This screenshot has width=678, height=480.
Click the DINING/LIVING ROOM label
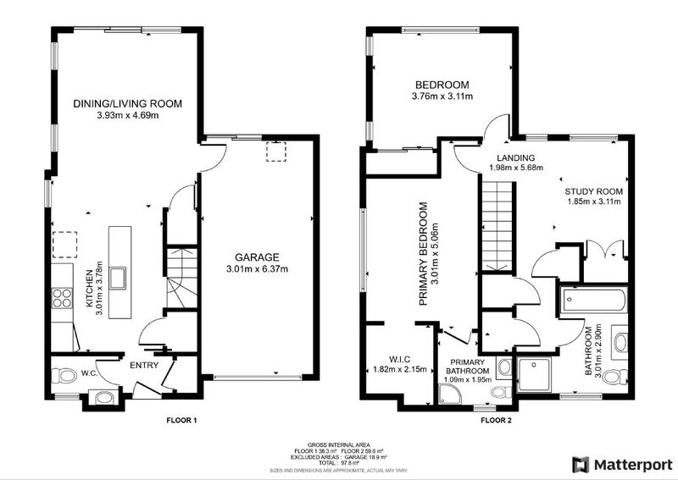pyautogui.click(x=127, y=103)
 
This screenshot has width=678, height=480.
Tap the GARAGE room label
pyautogui.click(x=256, y=257)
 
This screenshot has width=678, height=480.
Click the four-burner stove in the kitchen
pyautogui.click(x=63, y=297)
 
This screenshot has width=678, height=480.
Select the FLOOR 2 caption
pyautogui.click(x=497, y=420)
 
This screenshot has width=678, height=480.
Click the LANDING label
pyautogui.click(x=514, y=157)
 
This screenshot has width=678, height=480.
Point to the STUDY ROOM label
pyautogui.click(x=594, y=192)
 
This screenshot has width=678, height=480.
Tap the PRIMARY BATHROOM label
pyautogui.click(x=466, y=365)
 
